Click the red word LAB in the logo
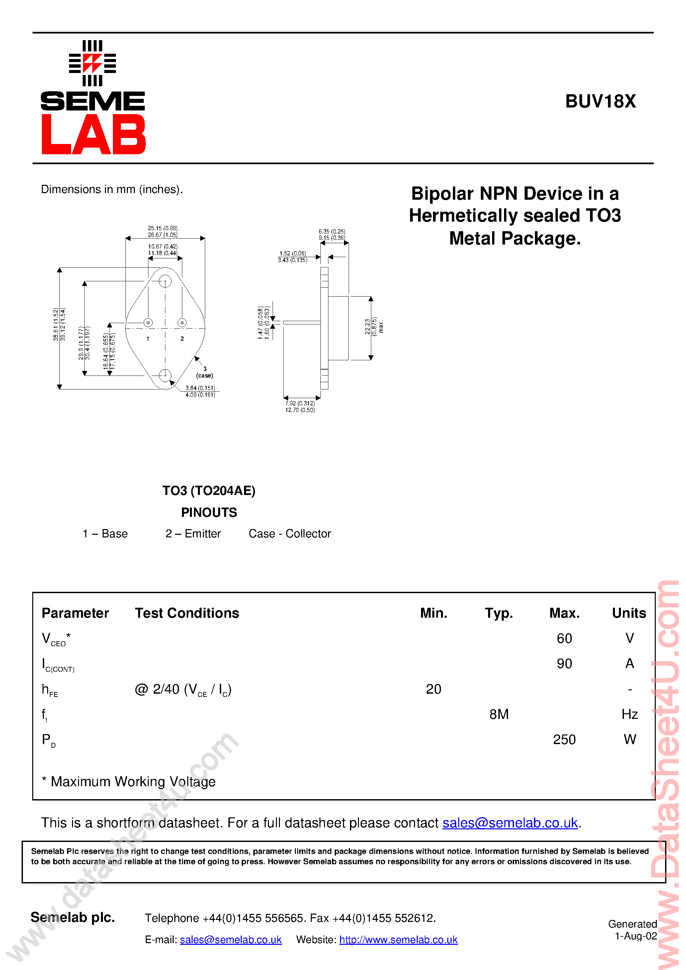(93, 134)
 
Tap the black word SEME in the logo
(93, 102)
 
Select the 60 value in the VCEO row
(564, 638)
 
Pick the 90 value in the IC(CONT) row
(564, 664)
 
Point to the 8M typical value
(499, 715)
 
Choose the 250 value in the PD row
(564, 740)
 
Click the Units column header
(629, 613)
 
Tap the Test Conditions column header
(187, 613)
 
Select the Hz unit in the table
(629, 715)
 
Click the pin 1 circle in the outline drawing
(148, 323)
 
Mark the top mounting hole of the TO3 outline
(165, 281)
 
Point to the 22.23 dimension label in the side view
(368, 326)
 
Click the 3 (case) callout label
(205, 372)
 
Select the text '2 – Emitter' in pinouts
(193, 533)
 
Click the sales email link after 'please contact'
(510, 823)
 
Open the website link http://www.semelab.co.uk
(398, 939)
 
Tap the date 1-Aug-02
(635, 936)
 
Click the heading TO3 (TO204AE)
(209, 491)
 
